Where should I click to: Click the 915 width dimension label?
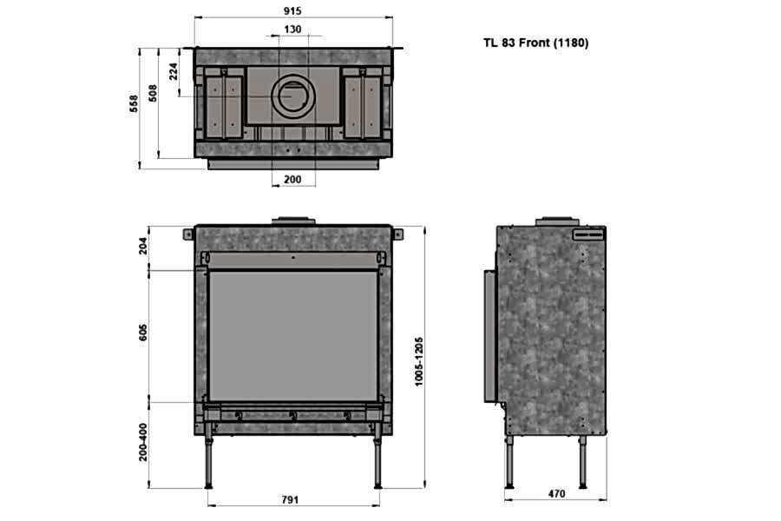tap(293, 10)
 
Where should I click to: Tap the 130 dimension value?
tap(293, 30)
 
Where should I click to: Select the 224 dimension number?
tap(174, 71)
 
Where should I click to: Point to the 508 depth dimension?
tap(153, 93)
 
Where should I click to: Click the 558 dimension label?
tap(134, 103)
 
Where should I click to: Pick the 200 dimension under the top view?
tap(292, 180)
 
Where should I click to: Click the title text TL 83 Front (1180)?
tap(535, 43)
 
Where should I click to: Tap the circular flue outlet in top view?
tap(293, 96)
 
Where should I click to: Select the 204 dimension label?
tap(143, 246)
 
